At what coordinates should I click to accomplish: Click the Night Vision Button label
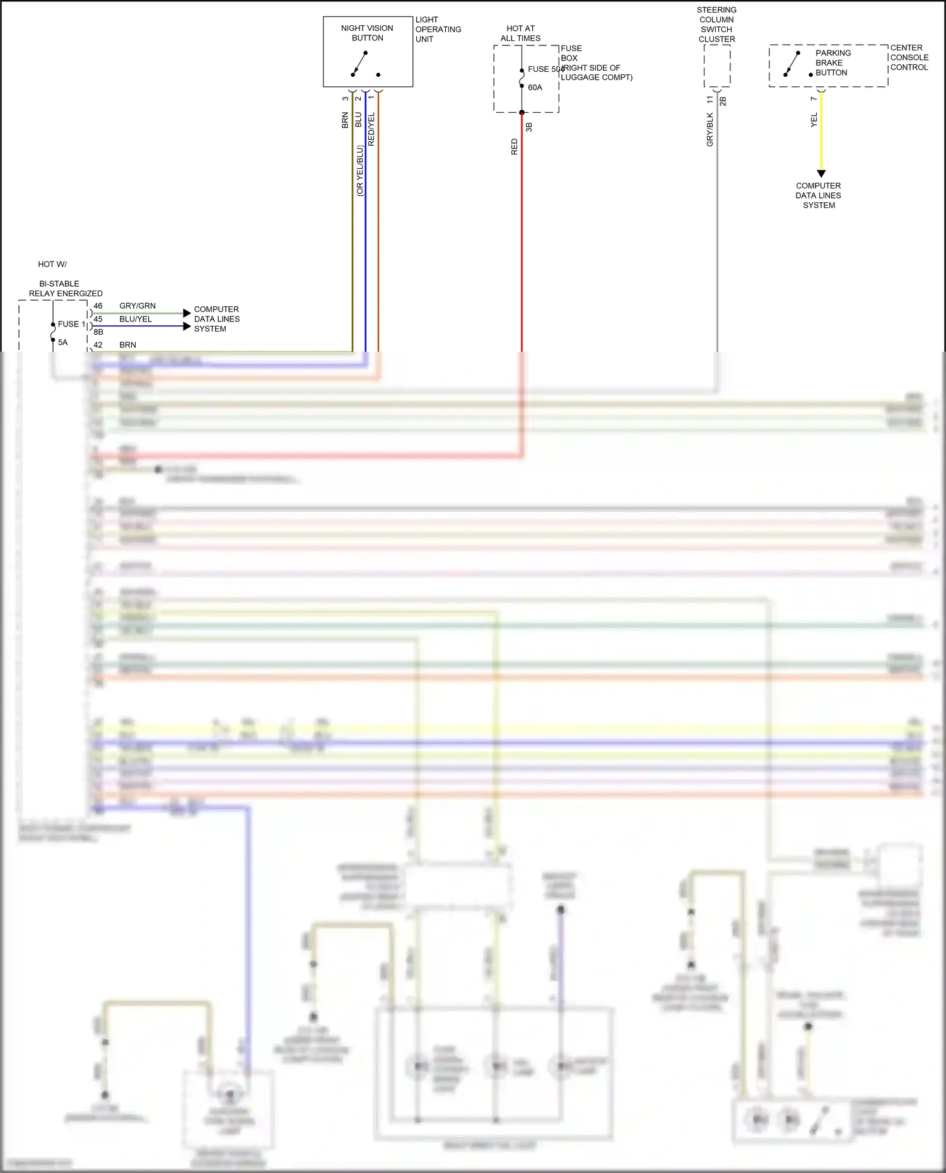(x=367, y=33)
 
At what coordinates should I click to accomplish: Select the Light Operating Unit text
(x=438, y=30)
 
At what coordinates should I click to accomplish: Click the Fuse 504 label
(x=545, y=69)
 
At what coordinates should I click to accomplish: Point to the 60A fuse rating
(x=535, y=88)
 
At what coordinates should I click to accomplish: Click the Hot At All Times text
(x=520, y=33)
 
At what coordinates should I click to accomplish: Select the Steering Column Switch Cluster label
(x=716, y=25)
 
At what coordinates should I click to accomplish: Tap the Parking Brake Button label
(x=832, y=63)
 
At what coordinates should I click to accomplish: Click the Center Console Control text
(x=909, y=57)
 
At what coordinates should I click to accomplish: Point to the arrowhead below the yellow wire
(x=821, y=173)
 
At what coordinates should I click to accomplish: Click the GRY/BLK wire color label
(x=710, y=130)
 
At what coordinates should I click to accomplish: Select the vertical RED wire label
(x=515, y=147)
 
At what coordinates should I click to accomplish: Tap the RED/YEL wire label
(x=371, y=129)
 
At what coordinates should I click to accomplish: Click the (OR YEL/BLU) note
(x=360, y=171)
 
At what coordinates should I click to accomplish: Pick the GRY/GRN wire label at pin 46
(x=137, y=306)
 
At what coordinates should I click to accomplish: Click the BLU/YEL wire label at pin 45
(x=136, y=319)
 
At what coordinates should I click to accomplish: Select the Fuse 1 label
(x=71, y=324)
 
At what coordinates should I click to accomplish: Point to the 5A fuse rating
(x=63, y=342)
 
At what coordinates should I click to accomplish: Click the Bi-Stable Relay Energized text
(x=66, y=289)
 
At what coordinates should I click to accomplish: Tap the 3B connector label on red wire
(x=529, y=127)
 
